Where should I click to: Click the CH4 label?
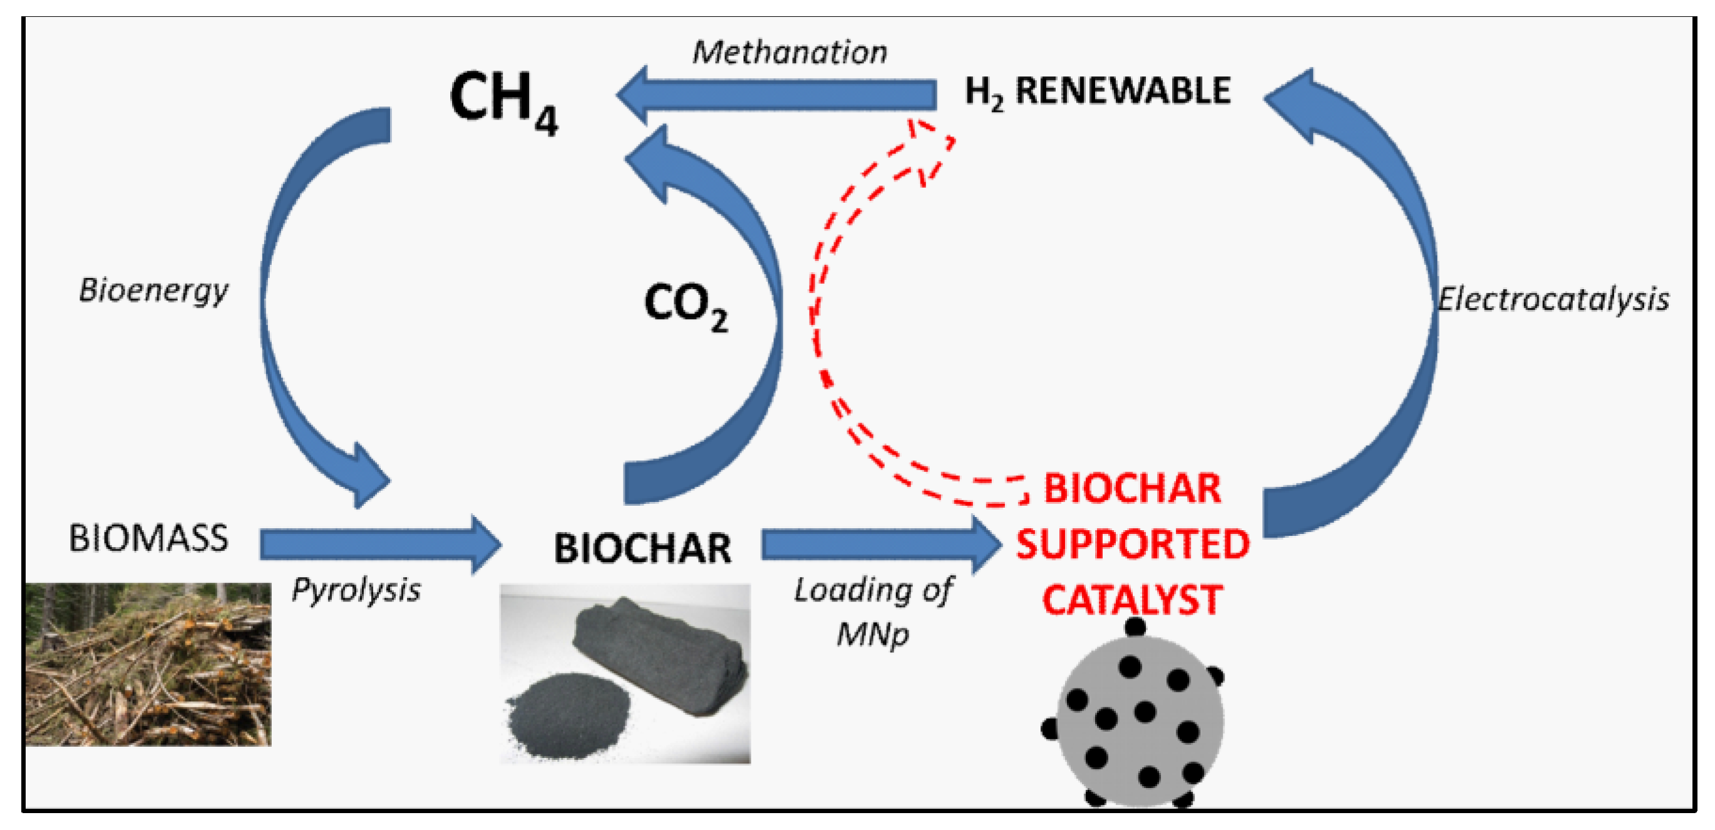[503, 101]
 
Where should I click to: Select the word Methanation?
[790, 53]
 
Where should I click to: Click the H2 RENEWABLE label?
[1097, 92]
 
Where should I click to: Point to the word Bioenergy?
[153, 291]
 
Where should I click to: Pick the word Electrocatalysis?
[1553, 300]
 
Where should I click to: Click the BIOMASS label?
[148, 538]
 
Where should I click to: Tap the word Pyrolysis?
[356, 590]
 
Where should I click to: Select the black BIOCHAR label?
[642, 548]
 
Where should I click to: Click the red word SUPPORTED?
[1133, 545]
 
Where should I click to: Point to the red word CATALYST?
[1132, 600]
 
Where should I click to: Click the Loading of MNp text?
[873, 611]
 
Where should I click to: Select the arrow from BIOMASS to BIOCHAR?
[379, 544]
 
